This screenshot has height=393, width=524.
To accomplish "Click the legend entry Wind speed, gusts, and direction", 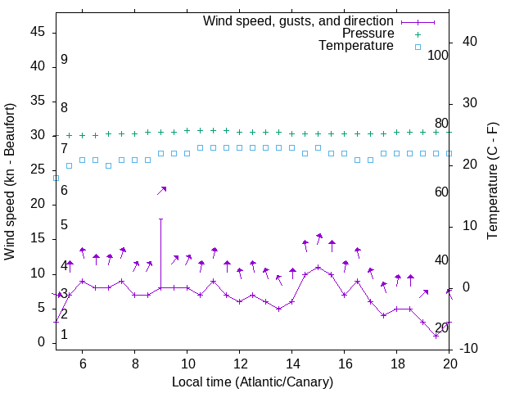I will pos(298,20).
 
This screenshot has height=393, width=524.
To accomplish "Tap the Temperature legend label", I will pos(356,47).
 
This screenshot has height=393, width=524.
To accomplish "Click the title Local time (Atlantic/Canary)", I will pos(252,382).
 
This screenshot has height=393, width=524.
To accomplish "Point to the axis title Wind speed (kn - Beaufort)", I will pos(10,182).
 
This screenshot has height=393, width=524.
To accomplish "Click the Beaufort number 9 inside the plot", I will pos(64,60).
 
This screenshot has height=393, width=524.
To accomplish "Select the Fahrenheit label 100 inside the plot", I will pos(439,55).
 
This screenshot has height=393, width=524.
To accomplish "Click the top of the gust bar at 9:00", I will pos(160,219).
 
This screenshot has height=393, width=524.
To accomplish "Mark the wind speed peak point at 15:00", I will pos(318,267).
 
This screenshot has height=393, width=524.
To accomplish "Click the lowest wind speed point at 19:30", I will pos(436,336).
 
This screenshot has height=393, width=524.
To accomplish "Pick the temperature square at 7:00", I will pos(108,165).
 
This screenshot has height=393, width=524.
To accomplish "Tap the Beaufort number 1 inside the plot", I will pos(64,334).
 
